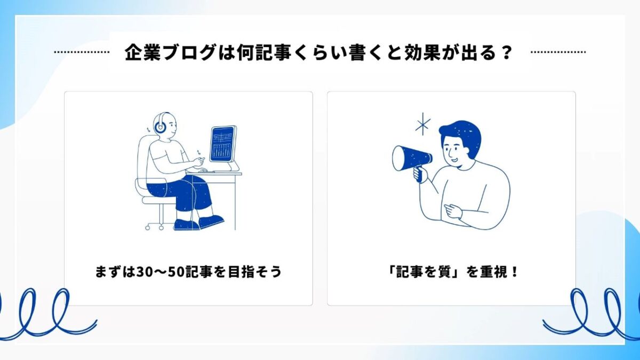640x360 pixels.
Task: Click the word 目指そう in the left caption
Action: [255, 272]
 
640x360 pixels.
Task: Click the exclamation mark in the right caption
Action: [515, 272]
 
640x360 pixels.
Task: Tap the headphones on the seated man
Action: [159, 123]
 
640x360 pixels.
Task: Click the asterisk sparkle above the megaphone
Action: [422, 125]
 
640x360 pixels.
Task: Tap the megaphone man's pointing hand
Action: [453, 211]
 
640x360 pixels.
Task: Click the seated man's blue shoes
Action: [199, 223]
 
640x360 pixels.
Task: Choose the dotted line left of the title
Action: [82, 52]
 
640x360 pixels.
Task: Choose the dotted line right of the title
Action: [558, 52]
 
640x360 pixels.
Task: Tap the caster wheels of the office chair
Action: [154, 227]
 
